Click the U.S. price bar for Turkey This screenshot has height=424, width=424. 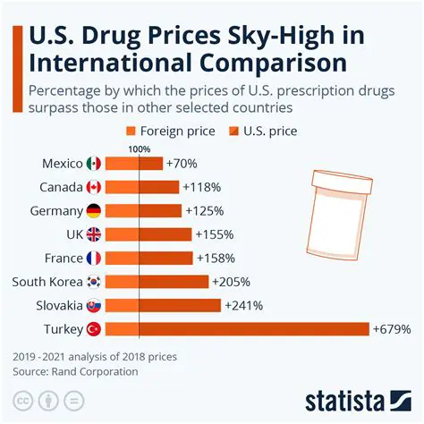click(254, 328)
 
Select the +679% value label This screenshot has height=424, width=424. click(391, 329)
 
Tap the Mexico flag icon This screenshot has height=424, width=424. click(93, 164)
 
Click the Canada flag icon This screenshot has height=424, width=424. click(93, 187)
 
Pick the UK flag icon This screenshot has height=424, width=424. click(93, 234)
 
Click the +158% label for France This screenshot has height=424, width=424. click(216, 258)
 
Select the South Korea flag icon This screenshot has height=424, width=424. click(93, 282)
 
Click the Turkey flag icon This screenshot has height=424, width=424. click(93, 329)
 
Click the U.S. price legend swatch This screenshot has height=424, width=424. click(235, 131)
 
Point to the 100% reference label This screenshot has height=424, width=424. click(140, 148)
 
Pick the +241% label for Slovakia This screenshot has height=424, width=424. click(243, 305)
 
